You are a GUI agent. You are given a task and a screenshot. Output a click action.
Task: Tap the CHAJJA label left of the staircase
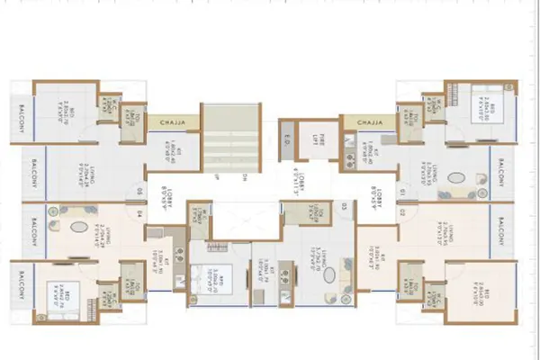point(168,121)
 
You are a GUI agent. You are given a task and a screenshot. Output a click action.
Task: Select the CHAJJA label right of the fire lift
point(369,121)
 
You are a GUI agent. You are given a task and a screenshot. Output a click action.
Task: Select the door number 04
point(139,214)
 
